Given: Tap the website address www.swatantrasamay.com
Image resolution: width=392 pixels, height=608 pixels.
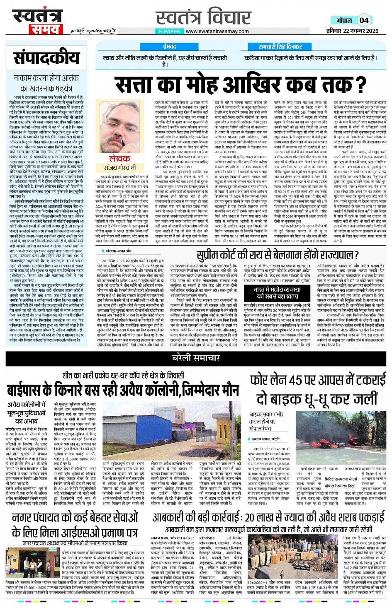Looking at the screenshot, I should (217, 31).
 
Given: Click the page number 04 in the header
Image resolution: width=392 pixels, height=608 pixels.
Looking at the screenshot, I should (364, 20).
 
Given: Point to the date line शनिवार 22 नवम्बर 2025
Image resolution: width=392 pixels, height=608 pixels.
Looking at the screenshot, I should (352, 31).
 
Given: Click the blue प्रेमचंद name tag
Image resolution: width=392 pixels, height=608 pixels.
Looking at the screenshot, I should (169, 47).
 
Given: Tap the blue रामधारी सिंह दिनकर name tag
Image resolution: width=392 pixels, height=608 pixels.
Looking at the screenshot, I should (280, 47).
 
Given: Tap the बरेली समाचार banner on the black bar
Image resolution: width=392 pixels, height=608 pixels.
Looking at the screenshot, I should (196, 357).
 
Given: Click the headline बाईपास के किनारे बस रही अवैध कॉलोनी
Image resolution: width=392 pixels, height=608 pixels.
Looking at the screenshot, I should (123, 390).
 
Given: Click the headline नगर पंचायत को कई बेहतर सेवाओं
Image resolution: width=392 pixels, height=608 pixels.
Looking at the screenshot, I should (75, 525).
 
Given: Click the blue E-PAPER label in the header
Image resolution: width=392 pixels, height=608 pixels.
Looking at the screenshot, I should (170, 31).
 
